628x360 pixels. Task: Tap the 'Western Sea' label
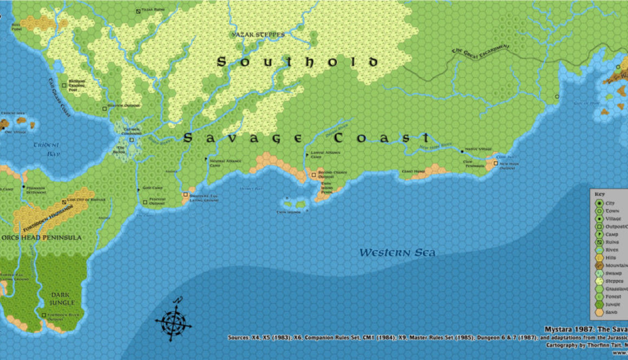397,253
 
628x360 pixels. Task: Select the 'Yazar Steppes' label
258,35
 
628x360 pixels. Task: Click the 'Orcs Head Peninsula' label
41,238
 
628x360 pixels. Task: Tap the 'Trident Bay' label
47,149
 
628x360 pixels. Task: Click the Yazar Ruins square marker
139,10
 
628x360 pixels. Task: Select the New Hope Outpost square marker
495,162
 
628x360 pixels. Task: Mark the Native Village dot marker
462,151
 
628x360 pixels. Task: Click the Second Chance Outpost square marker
313,175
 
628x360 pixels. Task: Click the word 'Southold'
297,62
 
